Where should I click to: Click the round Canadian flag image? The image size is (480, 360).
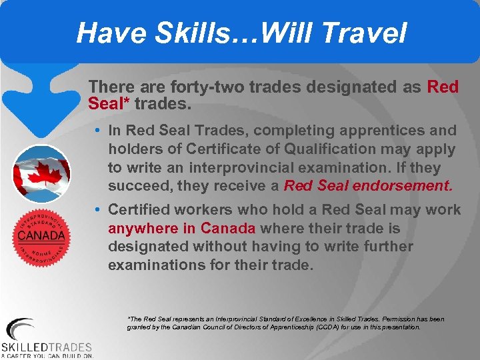[x=41, y=174]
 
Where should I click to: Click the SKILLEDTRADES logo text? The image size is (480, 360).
[x=47, y=347]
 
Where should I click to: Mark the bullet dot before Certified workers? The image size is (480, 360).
[x=97, y=210]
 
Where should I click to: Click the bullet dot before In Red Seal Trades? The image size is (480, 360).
[x=97, y=131]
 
